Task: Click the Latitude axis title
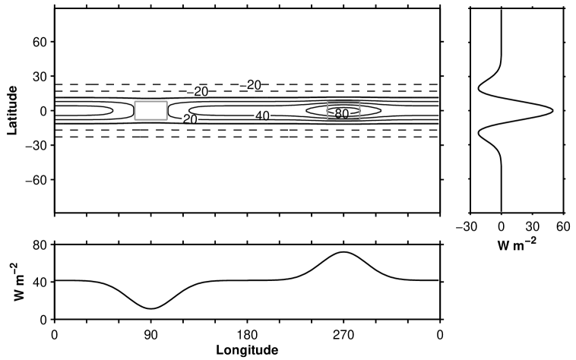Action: [12, 110]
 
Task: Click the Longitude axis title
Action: [247, 349]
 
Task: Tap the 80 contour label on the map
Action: [342, 114]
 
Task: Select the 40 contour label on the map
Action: [262, 116]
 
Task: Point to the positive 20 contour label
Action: [190, 119]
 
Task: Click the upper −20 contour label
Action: [251, 85]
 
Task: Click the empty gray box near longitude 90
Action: [151, 110]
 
